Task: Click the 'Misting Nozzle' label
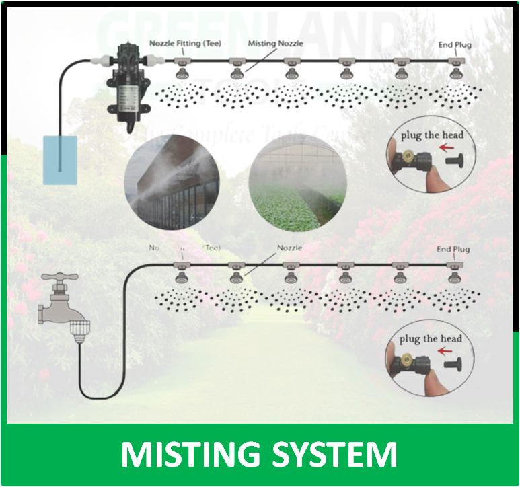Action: point(275,43)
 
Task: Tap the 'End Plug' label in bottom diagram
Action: point(453,250)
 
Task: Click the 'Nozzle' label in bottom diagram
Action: point(290,248)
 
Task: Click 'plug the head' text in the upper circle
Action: point(432,135)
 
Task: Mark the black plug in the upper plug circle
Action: point(458,161)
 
